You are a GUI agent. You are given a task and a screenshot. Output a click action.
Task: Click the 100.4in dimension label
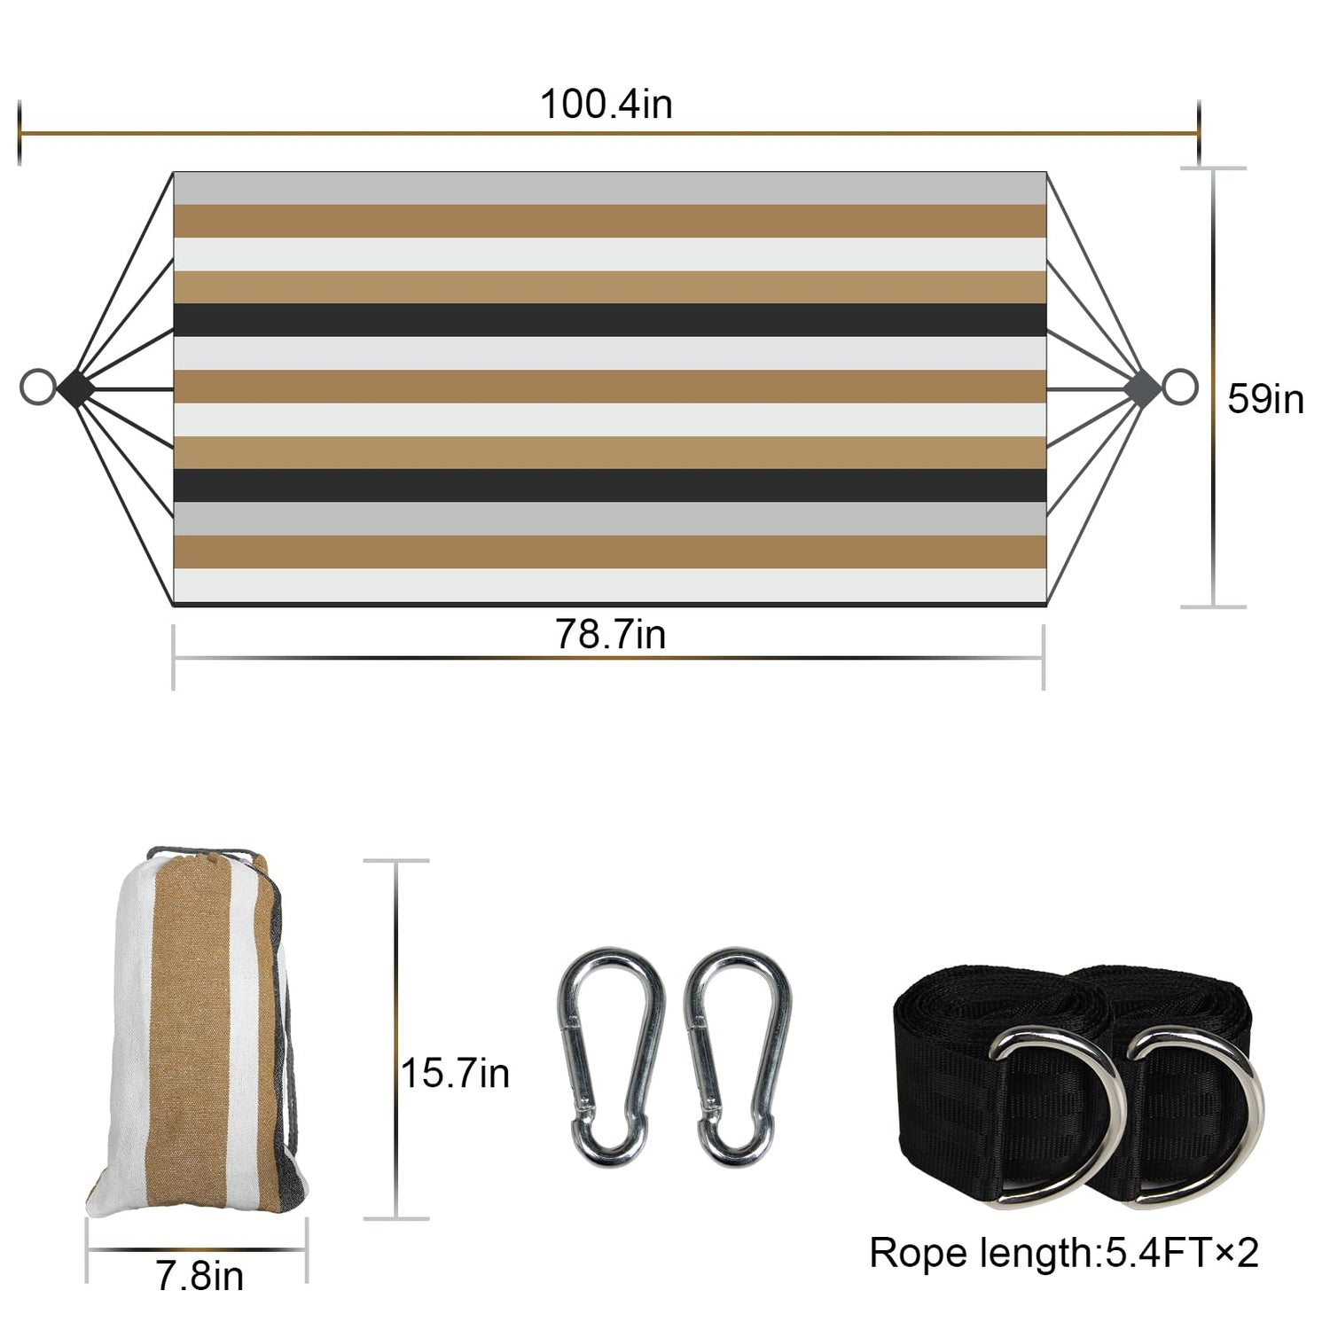(606, 104)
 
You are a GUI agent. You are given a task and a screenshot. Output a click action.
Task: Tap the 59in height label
(1265, 399)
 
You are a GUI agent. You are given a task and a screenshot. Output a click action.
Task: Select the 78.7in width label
(610, 634)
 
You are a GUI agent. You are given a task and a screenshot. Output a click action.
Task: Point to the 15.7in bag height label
(455, 1073)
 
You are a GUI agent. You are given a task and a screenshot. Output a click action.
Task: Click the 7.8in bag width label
(199, 1276)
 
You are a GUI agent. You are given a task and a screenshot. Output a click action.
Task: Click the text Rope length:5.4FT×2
(1064, 1253)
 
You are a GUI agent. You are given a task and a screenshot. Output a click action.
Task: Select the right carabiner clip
(738, 1056)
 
